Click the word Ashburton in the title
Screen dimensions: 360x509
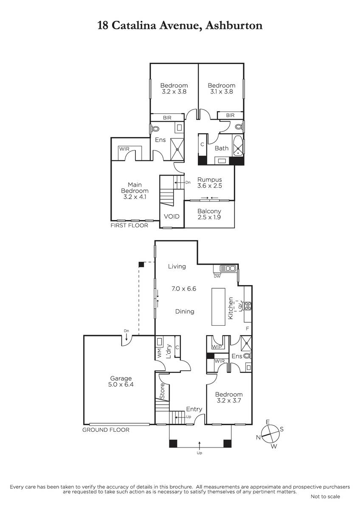(x=234, y=25)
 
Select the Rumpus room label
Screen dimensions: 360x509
(x=209, y=180)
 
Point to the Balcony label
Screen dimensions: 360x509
(x=209, y=211)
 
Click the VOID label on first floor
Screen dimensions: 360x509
(x=172, y=216)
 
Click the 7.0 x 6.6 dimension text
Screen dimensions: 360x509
(x=184, y=288)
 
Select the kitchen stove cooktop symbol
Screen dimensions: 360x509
(x=247, y=306)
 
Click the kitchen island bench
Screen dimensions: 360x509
(x=219, y=307)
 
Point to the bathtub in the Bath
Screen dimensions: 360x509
(x=238, y=145)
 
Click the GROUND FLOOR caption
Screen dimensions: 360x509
(x=106, y=430)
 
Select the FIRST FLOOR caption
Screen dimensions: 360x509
(x=129, y=225)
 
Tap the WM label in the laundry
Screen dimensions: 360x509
(x=159, y=353)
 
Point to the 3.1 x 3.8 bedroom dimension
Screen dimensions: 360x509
(x=221, y=92)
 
